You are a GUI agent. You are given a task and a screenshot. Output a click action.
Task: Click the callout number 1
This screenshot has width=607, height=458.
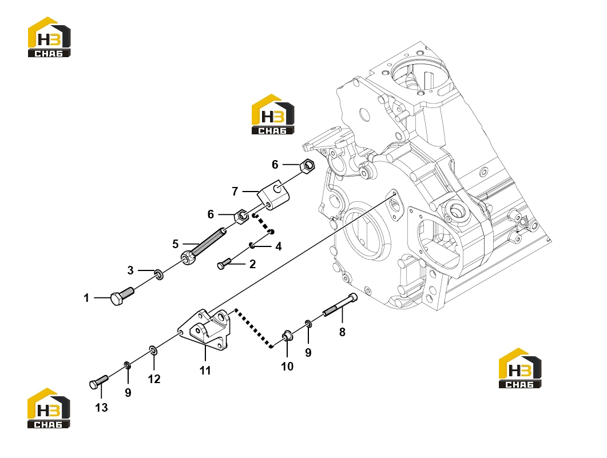click(x=86, y=298)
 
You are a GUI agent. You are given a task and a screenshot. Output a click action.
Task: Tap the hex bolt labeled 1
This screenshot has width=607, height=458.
click(x=122, y=296)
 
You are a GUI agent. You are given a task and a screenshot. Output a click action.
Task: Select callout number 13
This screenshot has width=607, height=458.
click(x=101, y=407)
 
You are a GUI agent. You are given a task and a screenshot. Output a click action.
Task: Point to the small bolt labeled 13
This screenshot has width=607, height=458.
click(x=98, y=382)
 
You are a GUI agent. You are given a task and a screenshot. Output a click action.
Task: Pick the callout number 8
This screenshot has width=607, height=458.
click(x=342, y=332)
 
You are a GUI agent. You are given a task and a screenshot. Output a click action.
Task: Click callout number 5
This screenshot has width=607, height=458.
click(x=176, y=244)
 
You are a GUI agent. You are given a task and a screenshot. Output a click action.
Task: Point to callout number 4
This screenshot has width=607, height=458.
click(x=279, y=246)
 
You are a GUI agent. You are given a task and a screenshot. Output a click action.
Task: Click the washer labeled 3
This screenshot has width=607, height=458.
click(x=158, y=274)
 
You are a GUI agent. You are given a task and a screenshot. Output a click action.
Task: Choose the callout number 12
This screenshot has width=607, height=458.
click(x=154, y=379)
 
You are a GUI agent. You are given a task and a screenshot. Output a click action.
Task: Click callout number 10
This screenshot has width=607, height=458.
click(x=287, y=367)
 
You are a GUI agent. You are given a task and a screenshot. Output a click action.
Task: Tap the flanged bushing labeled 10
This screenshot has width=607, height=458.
click(x=287, y=336)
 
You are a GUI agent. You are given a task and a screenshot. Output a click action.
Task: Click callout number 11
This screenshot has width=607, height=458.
click(x=205, y=371)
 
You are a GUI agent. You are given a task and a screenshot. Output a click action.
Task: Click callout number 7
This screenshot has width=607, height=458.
click(x=235, y=192)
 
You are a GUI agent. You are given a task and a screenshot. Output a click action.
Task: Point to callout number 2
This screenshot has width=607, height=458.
click(x=252, y=264)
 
